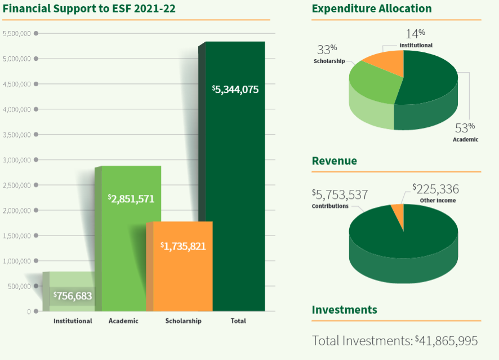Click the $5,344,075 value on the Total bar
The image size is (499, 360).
[235, 89]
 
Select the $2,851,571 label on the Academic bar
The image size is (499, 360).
[131, 198]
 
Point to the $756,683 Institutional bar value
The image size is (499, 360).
[73, 295]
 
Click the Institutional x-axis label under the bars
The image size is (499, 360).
[73, 321]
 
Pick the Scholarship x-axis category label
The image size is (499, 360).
[183, 321]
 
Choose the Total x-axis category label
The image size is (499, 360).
[238, 321]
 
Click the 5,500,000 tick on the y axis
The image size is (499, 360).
[16, 34]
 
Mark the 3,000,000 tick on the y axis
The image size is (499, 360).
[16, 160]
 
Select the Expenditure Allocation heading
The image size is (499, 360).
[372, 9]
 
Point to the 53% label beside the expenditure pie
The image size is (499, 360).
[465, 127]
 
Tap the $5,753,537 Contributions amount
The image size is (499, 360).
[340, 195]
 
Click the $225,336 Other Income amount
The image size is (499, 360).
[435, 189]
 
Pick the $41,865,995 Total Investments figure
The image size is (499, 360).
[446, 341]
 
